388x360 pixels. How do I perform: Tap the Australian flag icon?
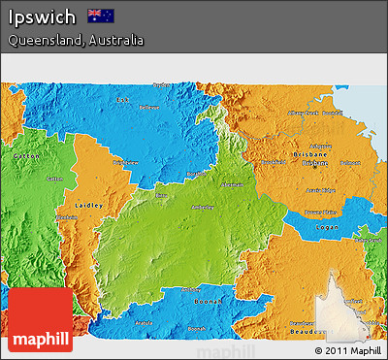point(101,16)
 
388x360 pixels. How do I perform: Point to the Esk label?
point(121,100)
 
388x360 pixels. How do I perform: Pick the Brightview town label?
point(125,162)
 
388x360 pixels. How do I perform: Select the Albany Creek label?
point(300,114)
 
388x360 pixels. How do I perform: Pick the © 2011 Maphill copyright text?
point(346,349)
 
